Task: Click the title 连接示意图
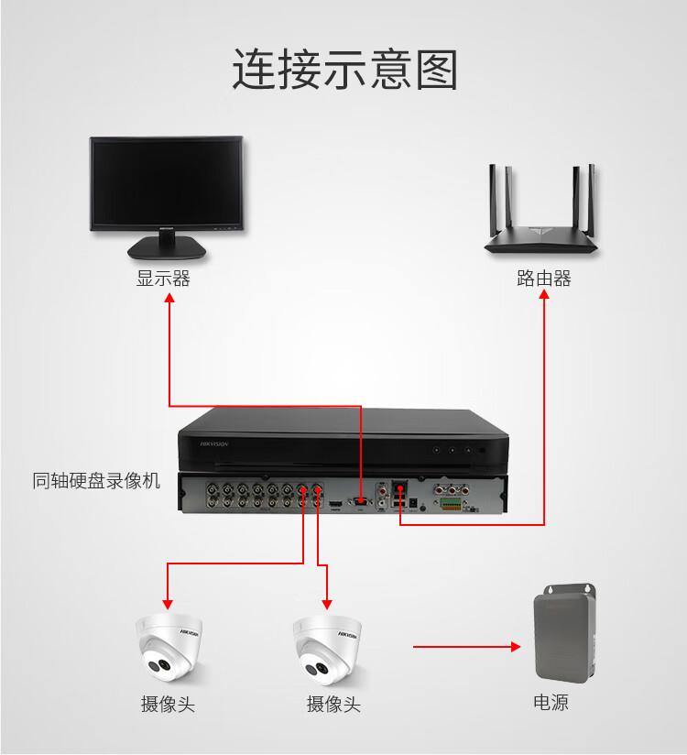(343, 71)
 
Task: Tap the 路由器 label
(543, 279)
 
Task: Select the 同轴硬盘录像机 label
(96, 480)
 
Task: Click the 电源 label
(551, 704)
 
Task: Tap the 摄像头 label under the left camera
(168, 704)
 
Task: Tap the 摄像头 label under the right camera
(333, 704)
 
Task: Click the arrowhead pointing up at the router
(545, 300)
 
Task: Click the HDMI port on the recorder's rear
(335, 503)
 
